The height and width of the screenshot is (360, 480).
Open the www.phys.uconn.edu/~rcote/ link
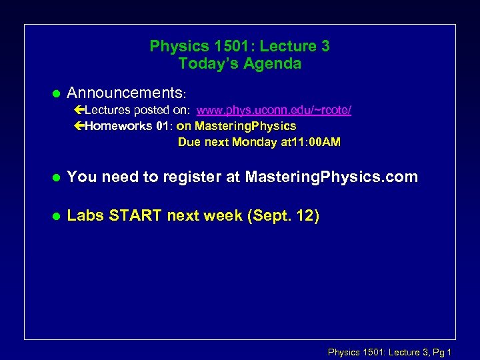pos(273,109)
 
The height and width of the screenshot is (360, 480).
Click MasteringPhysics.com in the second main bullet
pos(331,177)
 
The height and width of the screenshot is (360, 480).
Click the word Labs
pos(85,216)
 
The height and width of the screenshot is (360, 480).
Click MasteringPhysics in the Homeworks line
pos(245,125)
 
